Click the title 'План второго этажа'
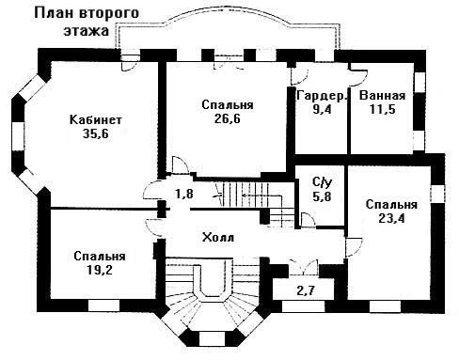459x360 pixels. (x=87, y=22)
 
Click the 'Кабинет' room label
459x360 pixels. (x=96, y=120)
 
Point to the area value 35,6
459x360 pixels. (x=96, y=133)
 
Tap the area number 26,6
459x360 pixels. (x=228, y=118)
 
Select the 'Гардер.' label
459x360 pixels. (x=323, y=96)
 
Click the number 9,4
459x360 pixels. (x=322, y=109)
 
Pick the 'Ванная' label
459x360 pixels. (x=382, y=96)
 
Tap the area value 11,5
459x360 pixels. (x=382, y=109)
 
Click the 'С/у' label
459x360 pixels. (x=322, y=182)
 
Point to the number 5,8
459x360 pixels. (x=322, y=196)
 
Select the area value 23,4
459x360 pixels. (x=391, y=218)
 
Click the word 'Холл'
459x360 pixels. (x=218, y=237)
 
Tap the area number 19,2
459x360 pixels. (x=100, y=270)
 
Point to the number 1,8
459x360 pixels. (x=184, y=195)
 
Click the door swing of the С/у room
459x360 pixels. (x=308, y=219)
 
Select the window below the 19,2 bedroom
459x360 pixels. (x=104, y=305)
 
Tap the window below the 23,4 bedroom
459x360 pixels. (x=386, y=306)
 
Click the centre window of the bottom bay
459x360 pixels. (x=211, y=338)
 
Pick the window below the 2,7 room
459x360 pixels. (x=303, y=306)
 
